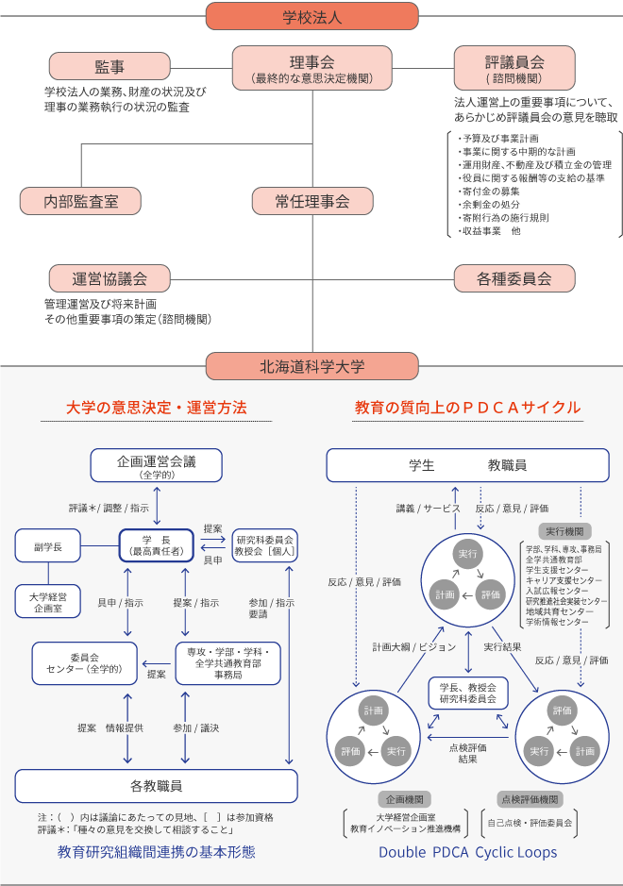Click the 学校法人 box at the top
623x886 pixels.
311,16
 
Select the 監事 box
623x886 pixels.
109,66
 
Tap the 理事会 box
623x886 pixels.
311,67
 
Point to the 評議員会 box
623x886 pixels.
514,67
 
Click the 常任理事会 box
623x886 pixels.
311,201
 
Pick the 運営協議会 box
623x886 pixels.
110,278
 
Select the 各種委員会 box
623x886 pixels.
514,278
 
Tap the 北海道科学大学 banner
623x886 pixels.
311,366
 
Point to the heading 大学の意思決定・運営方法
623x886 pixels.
157,408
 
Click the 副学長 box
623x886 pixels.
47,544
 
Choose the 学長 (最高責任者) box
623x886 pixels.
156,544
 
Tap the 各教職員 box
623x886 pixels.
157,785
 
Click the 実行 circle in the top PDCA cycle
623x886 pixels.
467,553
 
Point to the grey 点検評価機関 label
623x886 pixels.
530,798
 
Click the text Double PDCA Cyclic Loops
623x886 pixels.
467,852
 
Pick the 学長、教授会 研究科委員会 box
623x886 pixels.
467,693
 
